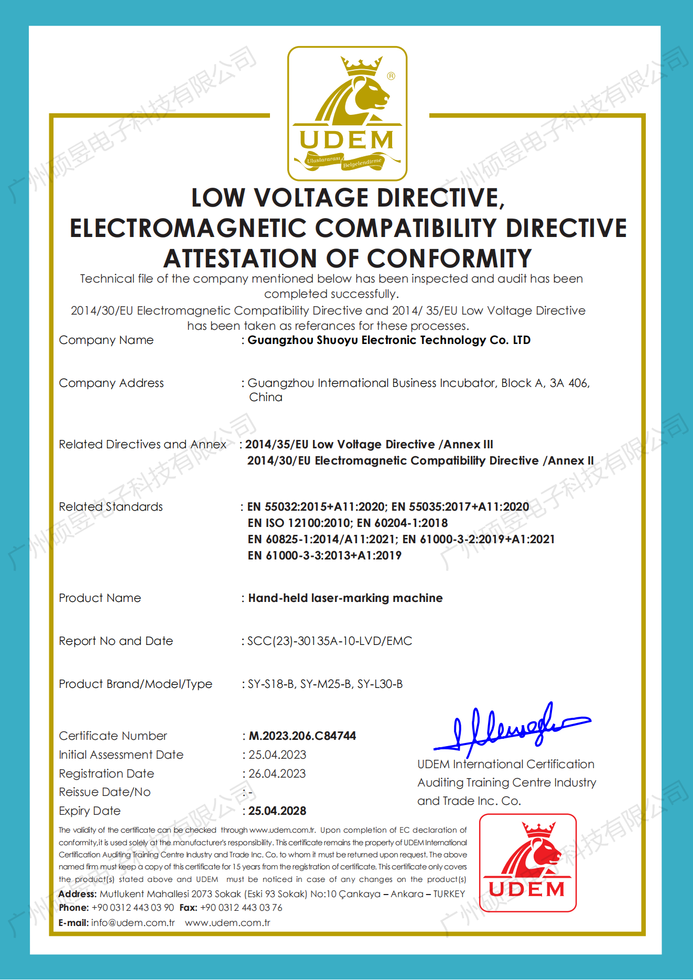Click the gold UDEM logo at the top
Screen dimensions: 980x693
(x=347, y=114)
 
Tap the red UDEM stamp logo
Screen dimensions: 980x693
(x=527, y=863)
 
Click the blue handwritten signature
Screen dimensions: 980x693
(x=511, y=726)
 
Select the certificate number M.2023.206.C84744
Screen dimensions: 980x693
(x=302, y=736)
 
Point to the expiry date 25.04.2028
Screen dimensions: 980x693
(x=277, y=811)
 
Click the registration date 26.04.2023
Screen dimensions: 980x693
(x=277, y=773)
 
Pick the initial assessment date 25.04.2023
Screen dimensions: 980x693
(x=277, y=755)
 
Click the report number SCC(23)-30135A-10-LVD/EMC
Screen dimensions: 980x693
(x=330, y=641)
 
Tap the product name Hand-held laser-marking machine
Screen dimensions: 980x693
(x=345, y=598)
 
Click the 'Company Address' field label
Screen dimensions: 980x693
(x=111, y=383)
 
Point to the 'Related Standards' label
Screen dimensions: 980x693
(x=111, y=507)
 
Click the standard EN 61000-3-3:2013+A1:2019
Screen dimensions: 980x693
(x=324, y=555)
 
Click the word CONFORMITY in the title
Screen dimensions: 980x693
(x=449, y=259)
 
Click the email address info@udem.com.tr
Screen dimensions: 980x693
(x=133, y=922)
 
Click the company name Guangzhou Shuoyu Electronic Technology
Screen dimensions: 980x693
(x=367, y=340)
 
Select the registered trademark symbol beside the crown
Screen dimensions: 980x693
(x=391, y=76)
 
